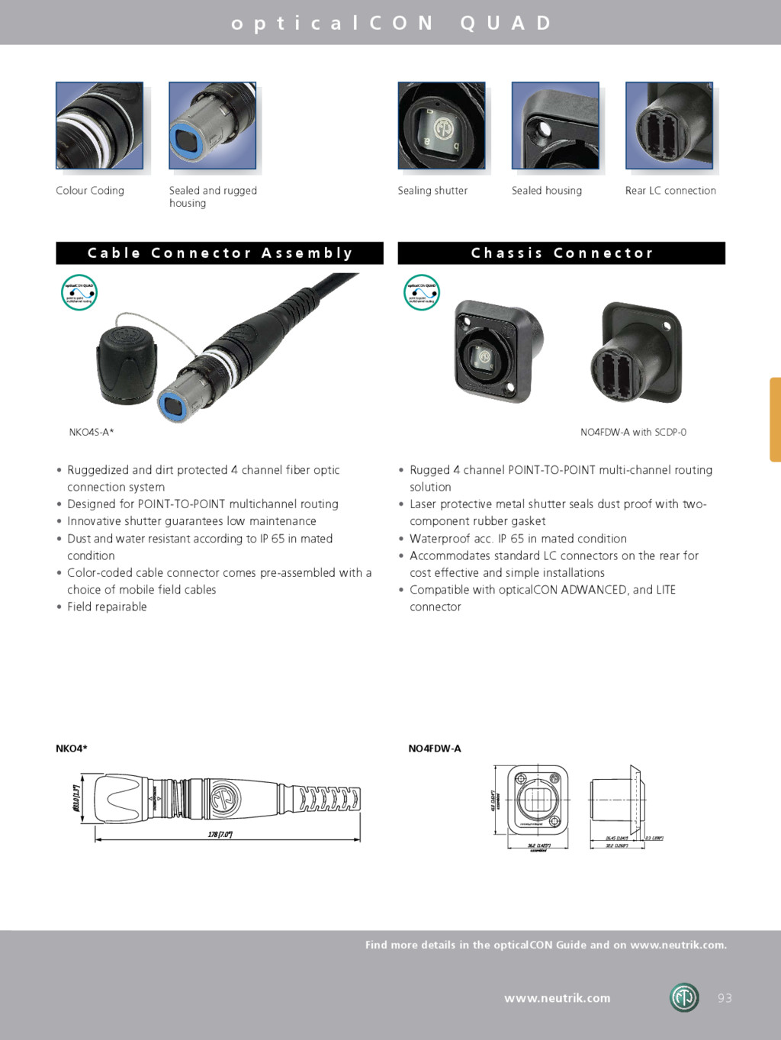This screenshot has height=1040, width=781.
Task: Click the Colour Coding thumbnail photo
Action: (99, 125)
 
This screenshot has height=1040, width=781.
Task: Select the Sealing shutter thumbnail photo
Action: (442, 125)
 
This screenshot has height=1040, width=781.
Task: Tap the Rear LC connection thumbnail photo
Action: (669, 125)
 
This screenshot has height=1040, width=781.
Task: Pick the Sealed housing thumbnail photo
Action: (555, 125)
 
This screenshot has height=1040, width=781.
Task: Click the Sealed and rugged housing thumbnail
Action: (212, 125)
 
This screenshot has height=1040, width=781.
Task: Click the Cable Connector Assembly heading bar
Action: (220, 253)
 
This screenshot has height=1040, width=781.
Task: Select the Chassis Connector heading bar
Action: (561, 253)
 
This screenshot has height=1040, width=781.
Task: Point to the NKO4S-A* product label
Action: (92, 433)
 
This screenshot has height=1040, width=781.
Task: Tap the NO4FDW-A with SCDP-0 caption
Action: (633, 433)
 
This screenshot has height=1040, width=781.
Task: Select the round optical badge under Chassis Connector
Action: (422, 292)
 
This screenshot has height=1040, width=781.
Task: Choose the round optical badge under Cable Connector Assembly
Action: (79, 292)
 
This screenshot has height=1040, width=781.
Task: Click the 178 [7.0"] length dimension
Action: (220, 834)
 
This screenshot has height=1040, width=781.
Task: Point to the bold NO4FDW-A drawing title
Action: (435, 749)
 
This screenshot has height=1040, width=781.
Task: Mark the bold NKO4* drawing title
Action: (72, 749)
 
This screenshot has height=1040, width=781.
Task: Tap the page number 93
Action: (725, 998)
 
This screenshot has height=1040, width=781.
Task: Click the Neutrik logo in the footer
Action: (684, 997)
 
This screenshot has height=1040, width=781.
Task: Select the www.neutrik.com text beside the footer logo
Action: (558, 998)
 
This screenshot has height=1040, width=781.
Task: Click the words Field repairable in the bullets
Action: (107, 607)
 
